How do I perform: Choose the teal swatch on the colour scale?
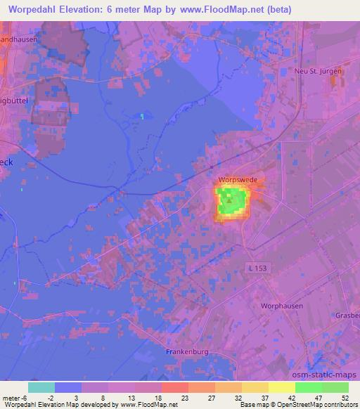click(41, 387)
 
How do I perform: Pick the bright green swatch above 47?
click(309, 387)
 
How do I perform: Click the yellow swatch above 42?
click(282, 387)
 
